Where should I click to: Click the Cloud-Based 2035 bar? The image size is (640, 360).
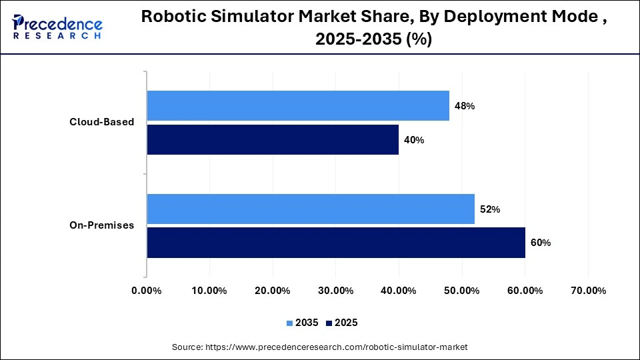(298, 105)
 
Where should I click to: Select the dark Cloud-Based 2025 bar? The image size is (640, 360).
(273, 140)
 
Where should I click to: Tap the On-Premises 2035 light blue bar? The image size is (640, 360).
(311, 209)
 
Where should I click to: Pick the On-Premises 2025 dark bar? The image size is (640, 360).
(336, 243)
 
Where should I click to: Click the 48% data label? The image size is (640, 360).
(465, 106)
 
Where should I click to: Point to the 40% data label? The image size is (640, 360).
(414, 140)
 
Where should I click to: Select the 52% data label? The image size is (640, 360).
(490, 209)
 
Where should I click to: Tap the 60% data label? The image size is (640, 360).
(541, 243)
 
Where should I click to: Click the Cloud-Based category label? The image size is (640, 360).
(102, 122)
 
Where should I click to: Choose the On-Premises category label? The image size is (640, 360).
(101, 225)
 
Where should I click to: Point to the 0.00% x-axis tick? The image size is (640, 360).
(147, 291)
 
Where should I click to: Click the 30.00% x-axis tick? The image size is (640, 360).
(335, 291)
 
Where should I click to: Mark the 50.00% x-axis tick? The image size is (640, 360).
(462, 291)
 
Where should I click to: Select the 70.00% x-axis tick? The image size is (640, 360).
(588, 291)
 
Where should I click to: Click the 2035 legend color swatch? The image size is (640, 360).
(290, 323)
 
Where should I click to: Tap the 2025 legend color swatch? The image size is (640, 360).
(329, 323)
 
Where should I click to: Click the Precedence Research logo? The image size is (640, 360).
(57, 27)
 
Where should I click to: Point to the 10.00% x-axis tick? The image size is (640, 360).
(209, 291)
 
